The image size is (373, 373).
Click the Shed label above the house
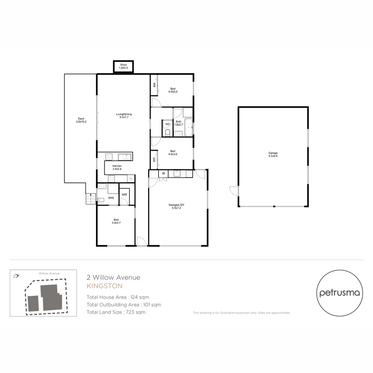coord(123,66)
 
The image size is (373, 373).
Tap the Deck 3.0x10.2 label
coord(81,120)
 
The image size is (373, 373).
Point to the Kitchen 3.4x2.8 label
coord(117,168)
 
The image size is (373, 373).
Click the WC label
coord(168,124)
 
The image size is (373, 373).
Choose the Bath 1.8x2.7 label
coord(179,123)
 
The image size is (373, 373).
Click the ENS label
coord(111,198)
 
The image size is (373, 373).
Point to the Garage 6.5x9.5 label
coord(273,154)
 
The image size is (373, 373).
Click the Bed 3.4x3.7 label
coord(116,221)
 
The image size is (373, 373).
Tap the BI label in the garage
coord(163,173)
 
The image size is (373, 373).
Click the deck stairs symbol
coord(90,199)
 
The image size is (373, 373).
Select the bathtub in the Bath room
coord(189,127)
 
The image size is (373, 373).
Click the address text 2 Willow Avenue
coord(113,277)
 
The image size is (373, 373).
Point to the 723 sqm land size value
coord(136,312)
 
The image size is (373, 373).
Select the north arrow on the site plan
coord(16,276)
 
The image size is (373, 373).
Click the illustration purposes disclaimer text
coord(241,313)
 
